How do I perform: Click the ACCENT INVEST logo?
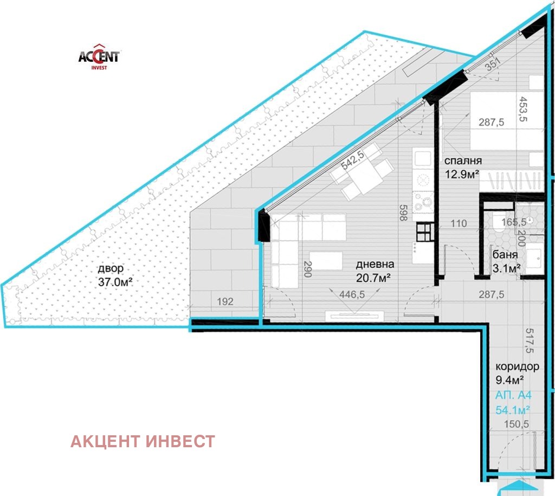click(99, 56)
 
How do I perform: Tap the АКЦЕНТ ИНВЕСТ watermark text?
click(143, 441)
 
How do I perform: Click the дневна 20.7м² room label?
click(375, 271)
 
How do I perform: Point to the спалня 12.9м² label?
click(463, 167)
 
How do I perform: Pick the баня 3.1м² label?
click(506, 261)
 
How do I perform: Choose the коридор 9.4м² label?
click(517, 373)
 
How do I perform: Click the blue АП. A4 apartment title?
click(513, 395)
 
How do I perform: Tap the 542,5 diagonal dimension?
click(352, 160)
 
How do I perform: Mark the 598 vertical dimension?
click(403, 212)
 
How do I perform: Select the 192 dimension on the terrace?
click(225, 301)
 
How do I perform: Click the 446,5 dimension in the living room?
click(352, 294)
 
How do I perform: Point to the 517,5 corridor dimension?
click(529, 340)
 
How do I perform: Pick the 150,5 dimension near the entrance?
click(516, 424)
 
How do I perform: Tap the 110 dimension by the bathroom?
click(459, 223)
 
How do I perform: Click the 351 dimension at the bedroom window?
click(493, 65)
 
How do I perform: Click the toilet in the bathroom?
click(500, 223)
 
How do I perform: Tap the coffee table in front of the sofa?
click(326, 261)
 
